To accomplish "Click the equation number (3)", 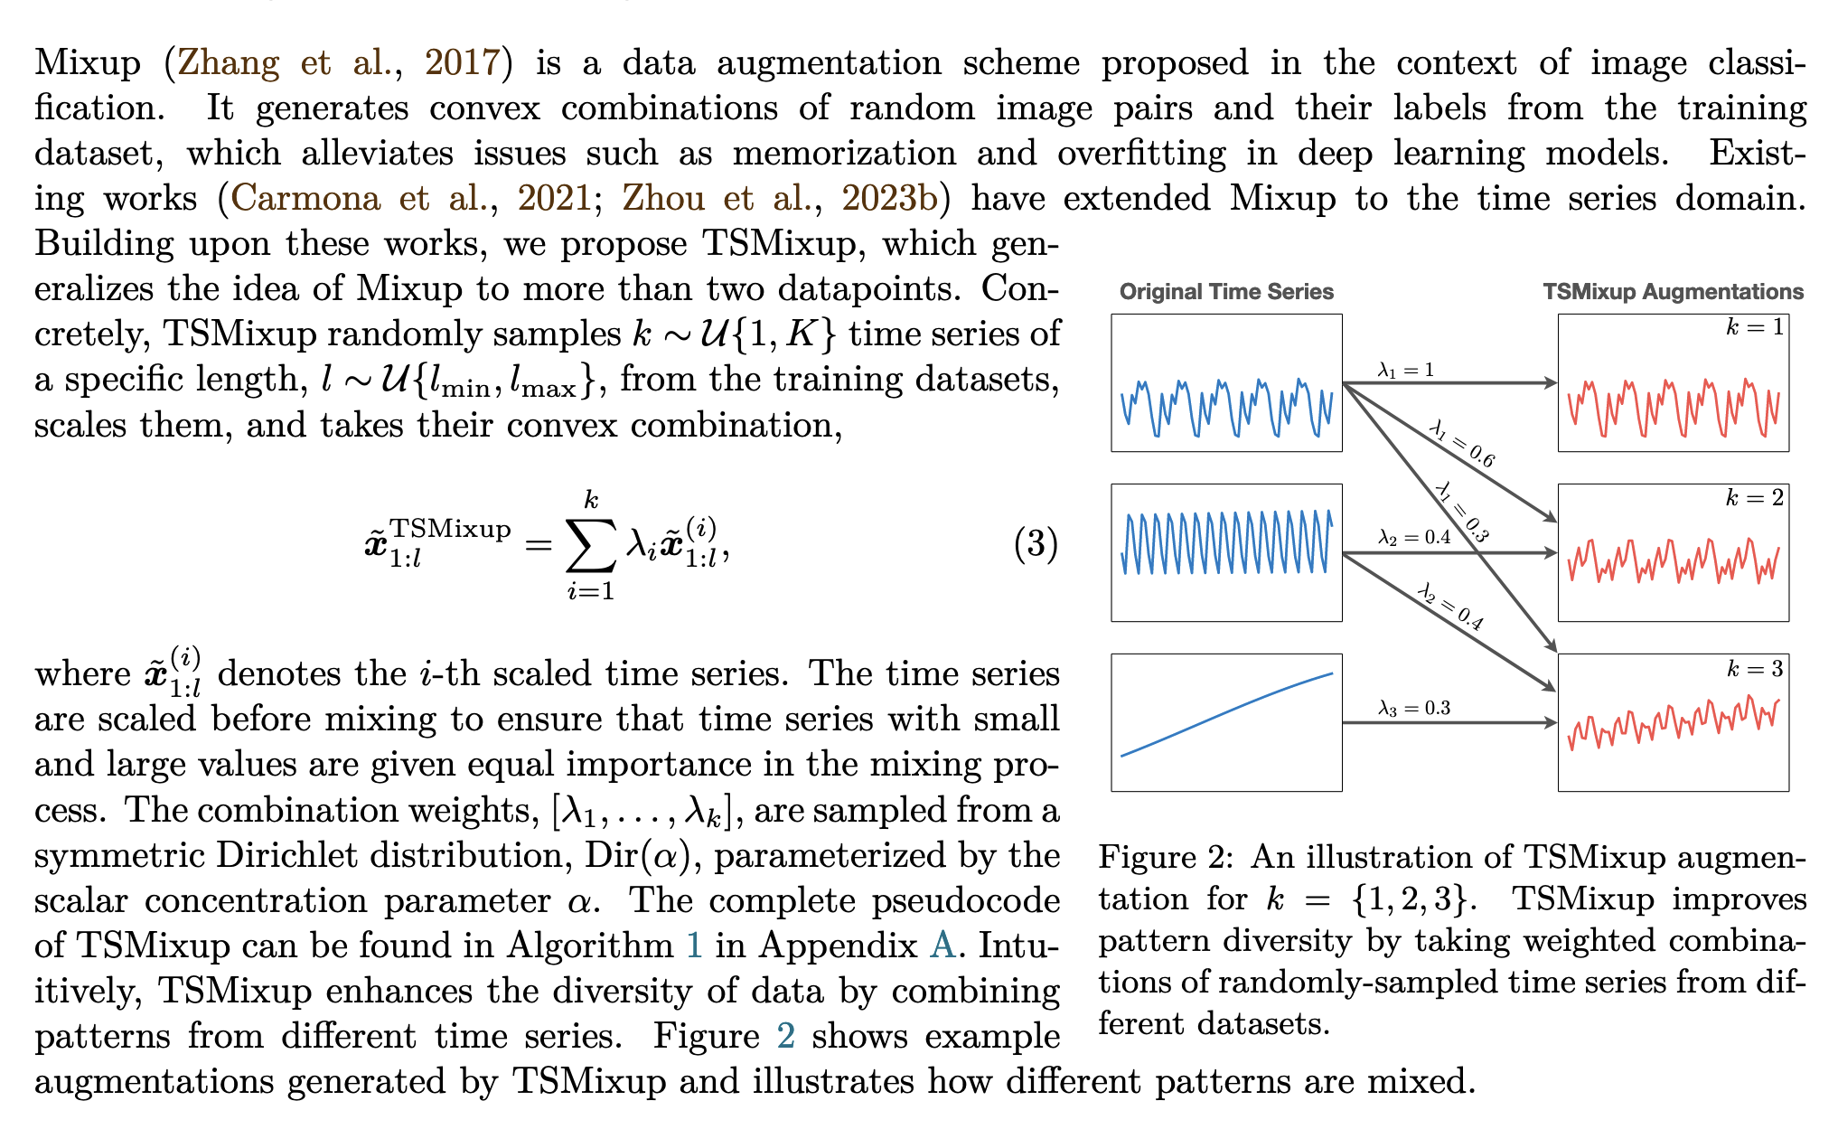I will click(1036, 544).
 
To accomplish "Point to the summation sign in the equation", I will click(590, 545).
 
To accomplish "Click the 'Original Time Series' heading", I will click(1226, 292).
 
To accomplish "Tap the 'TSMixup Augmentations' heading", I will click(1673, 292).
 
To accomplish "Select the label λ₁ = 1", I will click(1405, 369).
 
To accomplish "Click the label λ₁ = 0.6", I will click(1462, 444).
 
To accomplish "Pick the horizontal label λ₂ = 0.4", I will click(1414, 538).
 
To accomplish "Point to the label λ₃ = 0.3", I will click(1414, 708).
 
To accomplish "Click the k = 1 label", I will click(1755, 328).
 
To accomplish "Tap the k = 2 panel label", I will click(1755, 498).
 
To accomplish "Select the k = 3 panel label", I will click(1755, 669).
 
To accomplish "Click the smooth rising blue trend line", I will click(1226, 714).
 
